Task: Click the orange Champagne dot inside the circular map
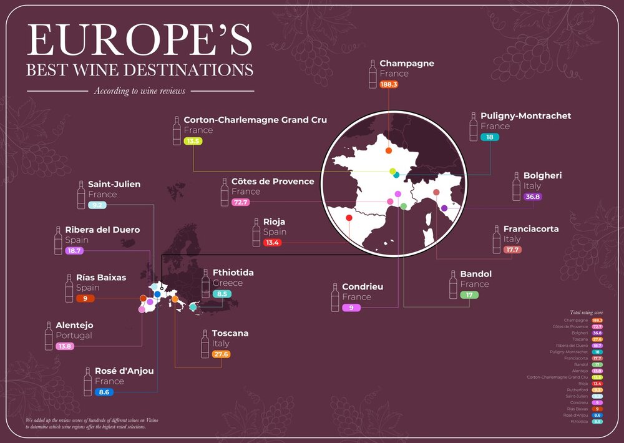coord(388,150)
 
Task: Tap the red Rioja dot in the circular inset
coord(349,218)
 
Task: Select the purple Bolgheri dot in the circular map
coord(444,208)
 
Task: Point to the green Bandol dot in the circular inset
coord(404,206)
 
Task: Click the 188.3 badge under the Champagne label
coord(389,84)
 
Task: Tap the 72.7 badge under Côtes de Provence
coord(240,202)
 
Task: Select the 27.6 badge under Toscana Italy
coord(222,354)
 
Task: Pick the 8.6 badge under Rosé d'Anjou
coord(104,392)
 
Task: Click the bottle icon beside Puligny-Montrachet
coord(474,127)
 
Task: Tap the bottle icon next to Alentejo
coord(49,336)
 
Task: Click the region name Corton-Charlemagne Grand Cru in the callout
coord(255,120)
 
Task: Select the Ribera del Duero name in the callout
coord(102,230)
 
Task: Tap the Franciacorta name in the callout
coord(531,229)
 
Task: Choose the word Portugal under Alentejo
coord(74,336)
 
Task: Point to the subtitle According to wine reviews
coord(140,91)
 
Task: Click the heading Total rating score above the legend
coord(586,312)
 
